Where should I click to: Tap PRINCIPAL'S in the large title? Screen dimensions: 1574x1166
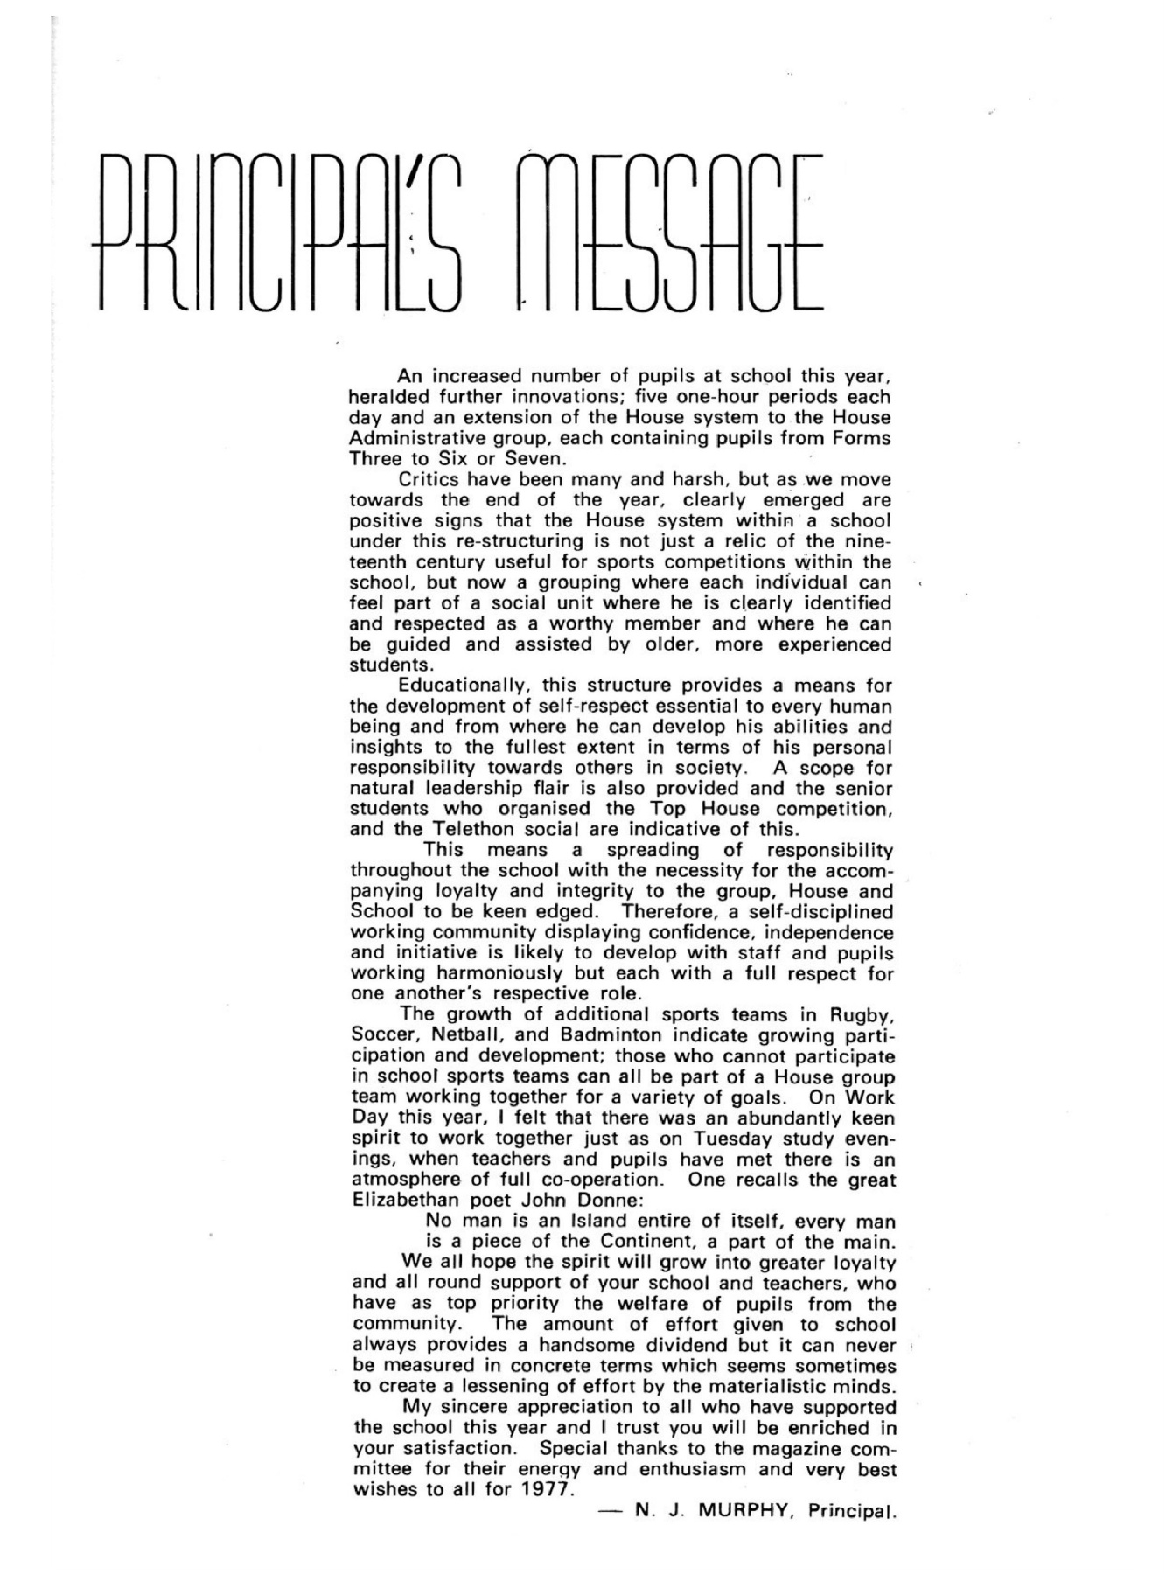280,232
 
